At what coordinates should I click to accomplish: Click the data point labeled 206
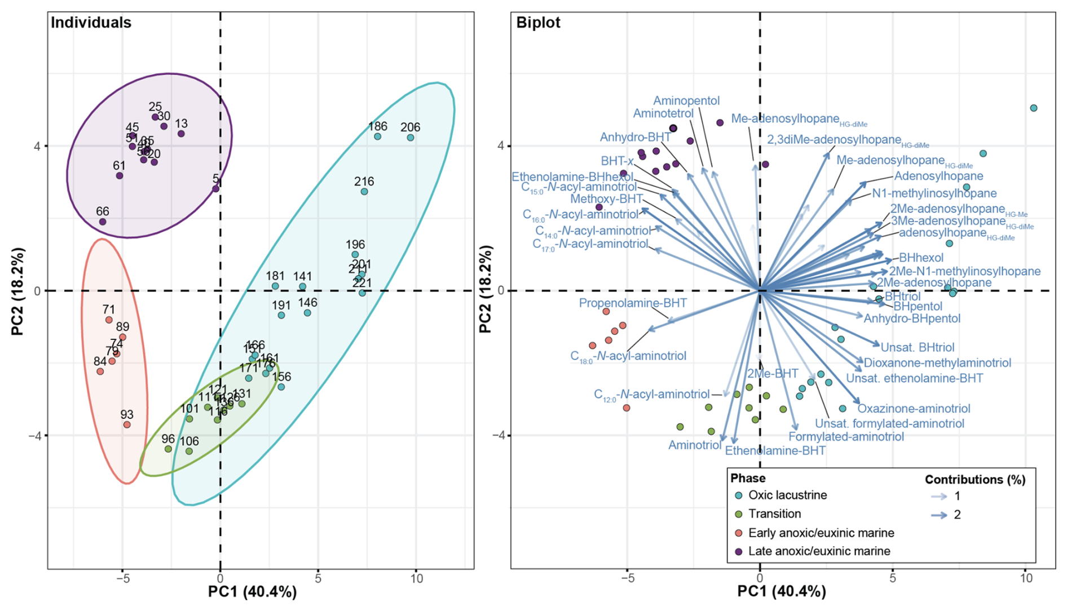(x=411, y=138)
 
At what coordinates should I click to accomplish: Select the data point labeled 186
(x=378, y=136)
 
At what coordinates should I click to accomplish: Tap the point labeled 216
(x=364, y=192)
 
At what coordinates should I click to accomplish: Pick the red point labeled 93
(x=127, y=424)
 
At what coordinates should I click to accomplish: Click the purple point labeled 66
(x=103, y=222)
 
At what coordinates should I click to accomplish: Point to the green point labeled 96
(x=168, y=449)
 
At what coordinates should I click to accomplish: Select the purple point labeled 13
(x=181, y=134)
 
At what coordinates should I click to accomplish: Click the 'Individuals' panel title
(x=91, y=23)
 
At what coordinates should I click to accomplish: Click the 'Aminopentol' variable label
(x=686, y=101)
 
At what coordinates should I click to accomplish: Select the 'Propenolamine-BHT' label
(x=633, y=303)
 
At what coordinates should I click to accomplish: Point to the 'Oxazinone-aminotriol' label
(x=914, y=409)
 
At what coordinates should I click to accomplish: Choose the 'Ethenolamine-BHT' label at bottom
(x=775, y=451)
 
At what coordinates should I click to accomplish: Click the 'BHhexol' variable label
(x=921, y=258)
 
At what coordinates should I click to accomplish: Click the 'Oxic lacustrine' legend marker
(x=739, y=495)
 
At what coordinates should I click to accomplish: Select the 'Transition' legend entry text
(x=774, y=514)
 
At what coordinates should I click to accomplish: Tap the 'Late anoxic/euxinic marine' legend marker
(x=739, y=551)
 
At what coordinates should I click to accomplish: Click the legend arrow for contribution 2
(x=939, y=515)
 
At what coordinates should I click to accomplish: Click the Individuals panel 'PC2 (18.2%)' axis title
(x=19, y=291)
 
